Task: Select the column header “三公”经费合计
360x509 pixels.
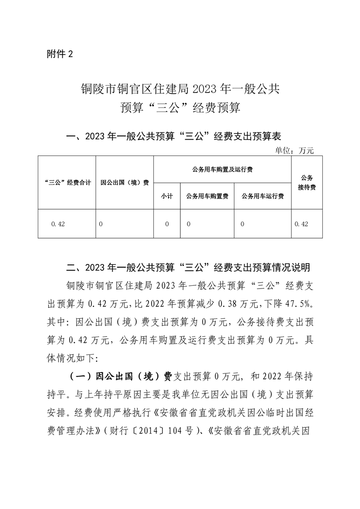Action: point(66,183)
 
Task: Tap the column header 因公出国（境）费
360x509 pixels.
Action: point(124,183)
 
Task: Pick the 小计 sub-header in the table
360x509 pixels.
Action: point(167,196)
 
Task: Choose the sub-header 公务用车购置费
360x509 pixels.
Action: point(207,196)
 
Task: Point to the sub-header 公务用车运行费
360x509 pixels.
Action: point(262,196)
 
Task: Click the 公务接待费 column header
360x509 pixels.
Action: point(307,183)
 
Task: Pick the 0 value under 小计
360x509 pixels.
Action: point(167,224)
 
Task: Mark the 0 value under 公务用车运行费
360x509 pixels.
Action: point(242,224)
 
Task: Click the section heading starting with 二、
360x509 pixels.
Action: point(187,266)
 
